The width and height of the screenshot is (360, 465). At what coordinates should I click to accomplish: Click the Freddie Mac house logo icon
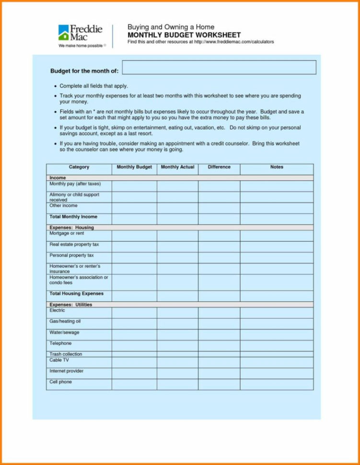pyautogui.click(x=64, y=32)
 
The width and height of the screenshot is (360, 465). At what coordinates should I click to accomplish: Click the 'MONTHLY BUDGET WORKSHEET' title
pyautogui.click(x=184, y=35)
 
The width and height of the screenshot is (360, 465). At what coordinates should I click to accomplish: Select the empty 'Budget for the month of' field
pyautogui.click(x=219, y=68)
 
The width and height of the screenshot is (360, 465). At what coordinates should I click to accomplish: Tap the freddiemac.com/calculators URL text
pyautogui.click(x=233, y=42)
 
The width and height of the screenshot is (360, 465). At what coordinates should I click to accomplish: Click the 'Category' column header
pyautogui.click(x=79, y=167)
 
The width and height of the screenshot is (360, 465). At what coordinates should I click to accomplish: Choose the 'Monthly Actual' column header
pyautogui.click(x=177, y=167)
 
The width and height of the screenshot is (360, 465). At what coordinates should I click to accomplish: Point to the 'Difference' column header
pyautogui.click(x=219, y=167)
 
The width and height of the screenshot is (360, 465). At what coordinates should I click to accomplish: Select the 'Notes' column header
pyautogui.click(x=277, y=167)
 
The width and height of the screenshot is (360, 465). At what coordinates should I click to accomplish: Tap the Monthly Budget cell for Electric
pyautogui.click(x=134, y=313)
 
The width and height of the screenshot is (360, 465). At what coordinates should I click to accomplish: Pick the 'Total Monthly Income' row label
pyautogui.click(x=73, y=217)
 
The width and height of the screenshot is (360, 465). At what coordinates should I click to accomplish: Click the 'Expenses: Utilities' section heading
pyautogui.click(x=71, y=304)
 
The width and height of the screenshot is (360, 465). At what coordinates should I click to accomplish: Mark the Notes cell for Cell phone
pyautogui.click(x=277, y=384)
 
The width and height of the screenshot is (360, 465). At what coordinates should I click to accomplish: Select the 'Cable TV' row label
pyautogui.click(x=59, y=360)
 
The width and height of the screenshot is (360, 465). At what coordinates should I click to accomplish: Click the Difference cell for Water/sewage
pyautogui.click(x=219, y=335)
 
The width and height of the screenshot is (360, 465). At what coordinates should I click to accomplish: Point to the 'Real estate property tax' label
pyautogui.click(x=74, y=244)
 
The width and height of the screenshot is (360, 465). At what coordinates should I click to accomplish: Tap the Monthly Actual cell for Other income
pyautogui.click(x=177, y=208)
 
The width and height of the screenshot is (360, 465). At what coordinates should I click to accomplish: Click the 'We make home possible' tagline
pyautogui.click(x=81, y=46)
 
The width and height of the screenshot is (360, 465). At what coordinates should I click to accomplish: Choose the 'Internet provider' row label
pyautogui.click(x=67, y=371)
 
